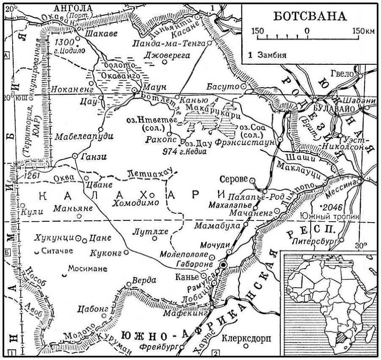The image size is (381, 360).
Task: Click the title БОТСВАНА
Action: point(309,16)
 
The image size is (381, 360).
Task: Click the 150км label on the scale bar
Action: point(364,31)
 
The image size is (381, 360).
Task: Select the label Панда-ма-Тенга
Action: point(169,44)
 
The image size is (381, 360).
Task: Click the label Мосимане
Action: point(88,269)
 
